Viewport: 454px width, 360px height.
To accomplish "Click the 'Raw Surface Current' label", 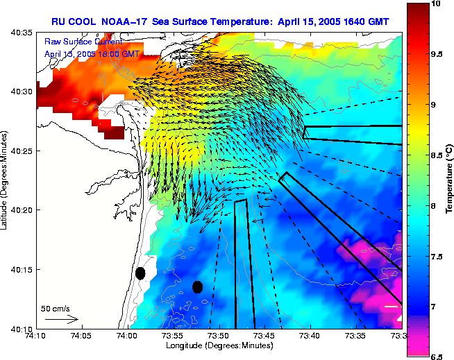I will tap(76, 42).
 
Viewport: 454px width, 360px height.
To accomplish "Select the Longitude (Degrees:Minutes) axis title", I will tap(218, 346).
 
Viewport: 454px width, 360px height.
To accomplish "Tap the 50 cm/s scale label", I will tap(56, 307).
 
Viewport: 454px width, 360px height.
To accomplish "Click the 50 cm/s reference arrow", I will tap(61, 319).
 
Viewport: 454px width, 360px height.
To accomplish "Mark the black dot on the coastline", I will tap(140, 273).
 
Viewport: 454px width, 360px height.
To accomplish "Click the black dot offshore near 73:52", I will tap(197, 286).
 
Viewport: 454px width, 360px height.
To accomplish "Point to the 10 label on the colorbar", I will tap(437, 4).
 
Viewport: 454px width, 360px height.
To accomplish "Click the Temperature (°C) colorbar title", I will tap(450, 180).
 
